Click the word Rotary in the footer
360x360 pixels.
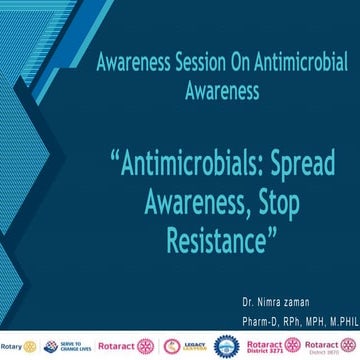[11, 346]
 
